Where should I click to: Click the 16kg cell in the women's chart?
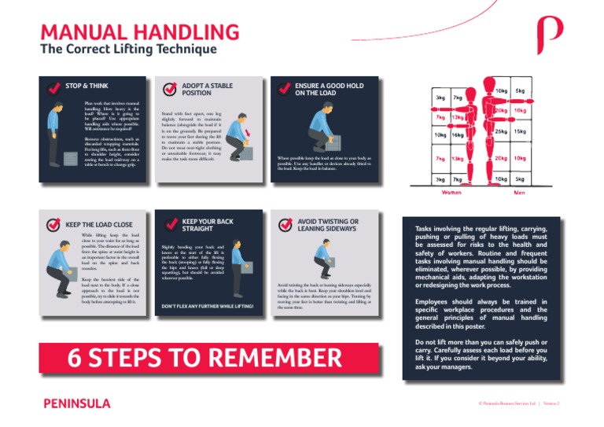tap(457, 135)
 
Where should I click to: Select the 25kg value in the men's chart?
tap(501, 131)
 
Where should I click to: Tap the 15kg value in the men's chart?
tap(520, 131)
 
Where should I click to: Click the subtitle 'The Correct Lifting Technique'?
tap(128, 50)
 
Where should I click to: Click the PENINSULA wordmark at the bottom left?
tap(75, 403)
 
